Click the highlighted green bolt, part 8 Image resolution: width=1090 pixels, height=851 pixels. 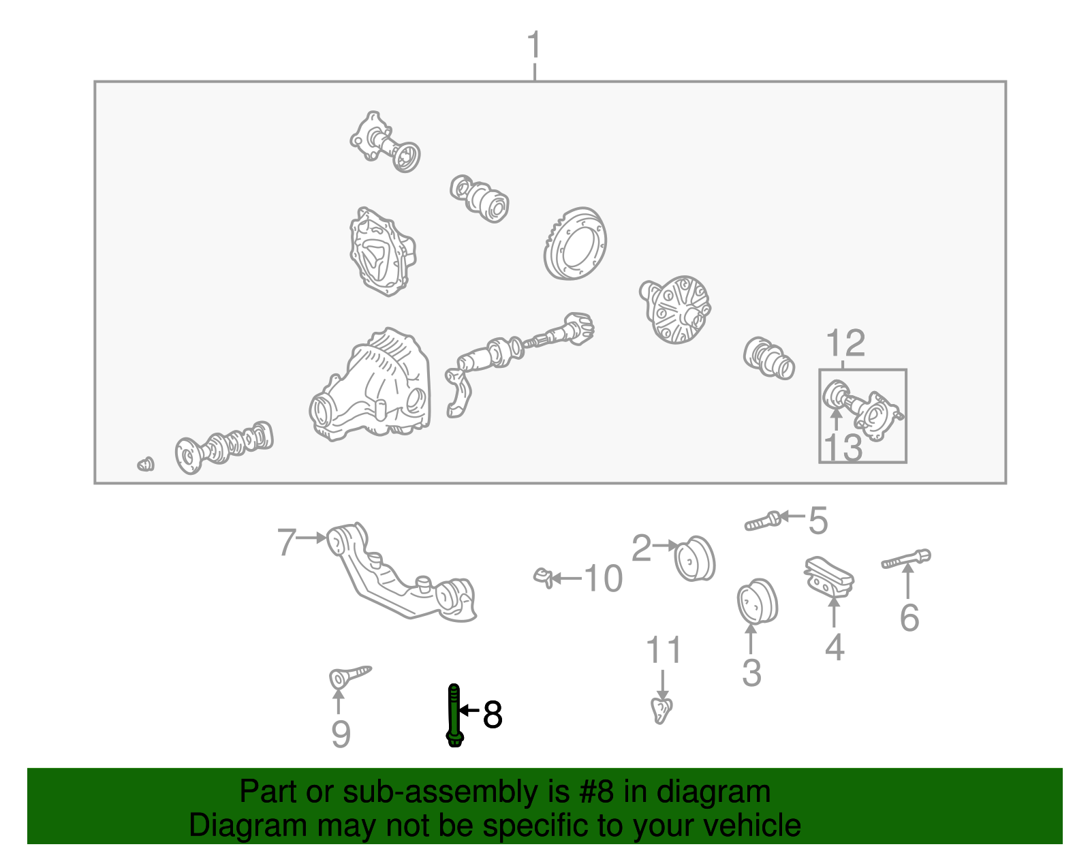click(454, 715)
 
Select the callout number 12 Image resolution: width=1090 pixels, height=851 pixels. click(845, 343)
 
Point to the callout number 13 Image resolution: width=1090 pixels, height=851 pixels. click(843, 448)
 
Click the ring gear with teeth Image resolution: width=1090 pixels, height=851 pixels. click(576, 243)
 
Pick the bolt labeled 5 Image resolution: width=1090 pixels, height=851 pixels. click(762, 521)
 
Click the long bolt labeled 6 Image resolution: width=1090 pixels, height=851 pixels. click(906, 558)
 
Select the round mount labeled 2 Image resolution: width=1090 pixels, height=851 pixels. click(695, 559)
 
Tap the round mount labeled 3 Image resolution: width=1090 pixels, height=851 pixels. click(758, 602)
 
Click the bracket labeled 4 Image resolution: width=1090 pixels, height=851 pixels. click(829, 578)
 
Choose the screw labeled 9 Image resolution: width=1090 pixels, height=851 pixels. click(349, 677)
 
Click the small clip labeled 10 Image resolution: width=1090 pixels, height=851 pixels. click(543, 577)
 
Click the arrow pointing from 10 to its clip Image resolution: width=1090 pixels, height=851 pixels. click(566, 578)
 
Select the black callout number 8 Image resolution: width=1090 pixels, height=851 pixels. click(492, 715)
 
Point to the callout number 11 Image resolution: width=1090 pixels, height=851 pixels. click(663, 651)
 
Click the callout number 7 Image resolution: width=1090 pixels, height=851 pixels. click(287, 542)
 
